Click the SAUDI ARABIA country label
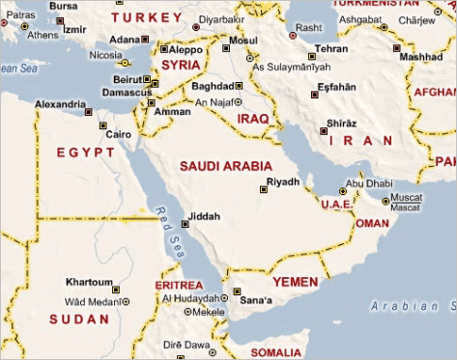tap(226, 166)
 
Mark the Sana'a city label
tap(255, 301)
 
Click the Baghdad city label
tap(214, 85)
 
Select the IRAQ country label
tap(252, 118)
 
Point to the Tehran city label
tap(330, 47)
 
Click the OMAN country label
tap(372, 223)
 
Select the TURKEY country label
tap(146, 17)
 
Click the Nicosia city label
tap(105, 55)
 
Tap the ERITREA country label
tap(179, 286)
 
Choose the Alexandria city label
tap(60, 103)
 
